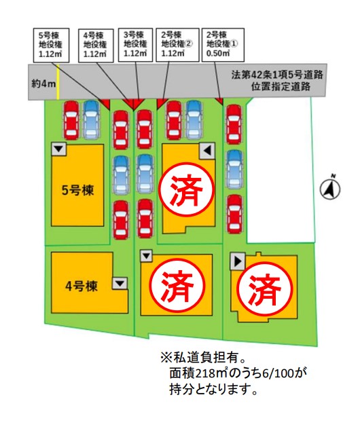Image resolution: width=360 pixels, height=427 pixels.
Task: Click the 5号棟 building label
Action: pos(77,190)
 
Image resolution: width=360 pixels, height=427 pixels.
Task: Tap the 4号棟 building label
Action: pos(81,286)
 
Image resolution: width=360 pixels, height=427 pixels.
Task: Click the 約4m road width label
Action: pos(43,84)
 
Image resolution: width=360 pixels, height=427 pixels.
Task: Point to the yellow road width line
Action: pos(58,81)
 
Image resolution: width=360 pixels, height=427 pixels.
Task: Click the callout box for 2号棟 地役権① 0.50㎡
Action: pos(223,44)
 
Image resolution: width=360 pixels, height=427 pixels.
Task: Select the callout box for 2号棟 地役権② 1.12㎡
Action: pos(177,44)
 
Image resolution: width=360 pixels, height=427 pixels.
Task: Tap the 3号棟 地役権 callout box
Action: pos(135,44)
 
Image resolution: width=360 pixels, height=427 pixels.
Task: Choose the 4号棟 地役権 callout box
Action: pos(96,45)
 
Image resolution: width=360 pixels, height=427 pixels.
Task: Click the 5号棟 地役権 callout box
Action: pos(51,45)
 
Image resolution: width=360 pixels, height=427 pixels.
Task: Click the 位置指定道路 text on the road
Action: pos(281,87)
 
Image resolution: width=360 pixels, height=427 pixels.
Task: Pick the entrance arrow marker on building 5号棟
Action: pos(59,149)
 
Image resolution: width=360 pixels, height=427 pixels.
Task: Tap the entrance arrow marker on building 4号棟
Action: pos(120,284)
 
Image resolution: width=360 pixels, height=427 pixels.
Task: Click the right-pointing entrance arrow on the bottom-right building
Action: pos(238,262)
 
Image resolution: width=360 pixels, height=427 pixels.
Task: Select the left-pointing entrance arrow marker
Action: pos(207,151)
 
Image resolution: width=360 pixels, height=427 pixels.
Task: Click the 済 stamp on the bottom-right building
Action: pos(264,289)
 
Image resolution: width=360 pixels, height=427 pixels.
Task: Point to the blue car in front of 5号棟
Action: pos(91,120)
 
